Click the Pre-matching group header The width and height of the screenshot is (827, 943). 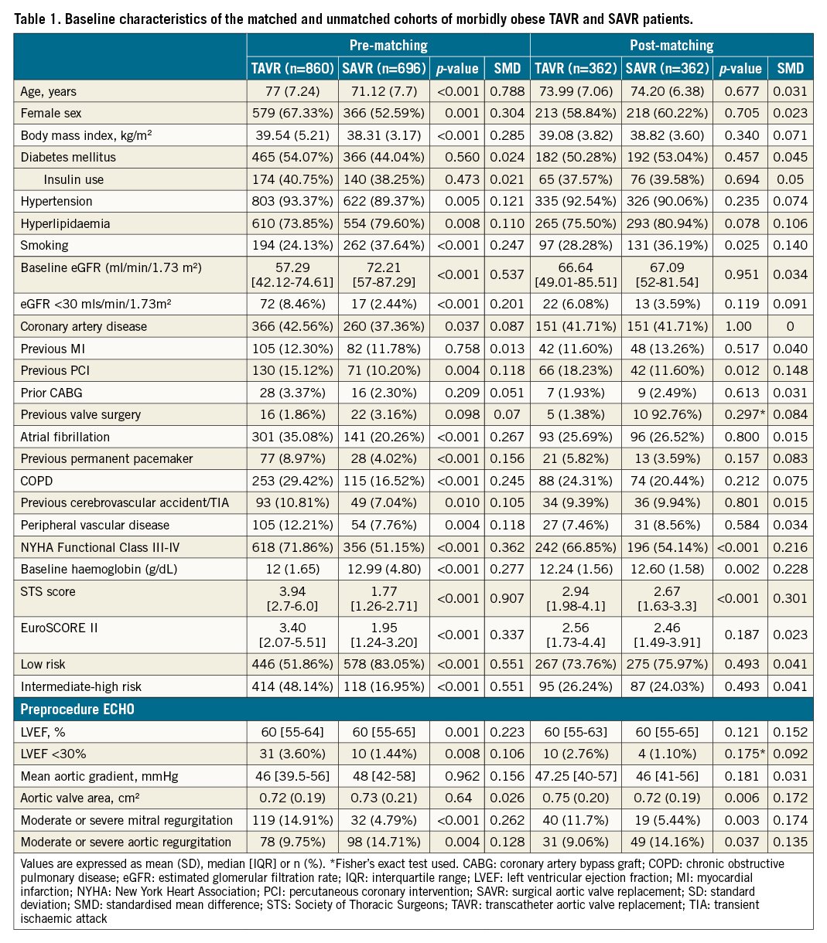pos(388,46)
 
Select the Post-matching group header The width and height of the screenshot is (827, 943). pos(671,46)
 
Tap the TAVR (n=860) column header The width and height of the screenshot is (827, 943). pos(291,68)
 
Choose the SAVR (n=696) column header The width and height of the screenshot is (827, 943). pos(384,68)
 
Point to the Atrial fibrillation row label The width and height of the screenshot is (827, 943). pos(65,437)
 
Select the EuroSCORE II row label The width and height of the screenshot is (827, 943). pos(59,628)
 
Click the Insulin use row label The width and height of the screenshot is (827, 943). pos(73,179)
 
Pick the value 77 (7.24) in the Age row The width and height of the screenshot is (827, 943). pos(291,91)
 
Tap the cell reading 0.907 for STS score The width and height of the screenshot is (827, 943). pos(507,598)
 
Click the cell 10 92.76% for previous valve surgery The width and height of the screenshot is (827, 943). pos(665,415)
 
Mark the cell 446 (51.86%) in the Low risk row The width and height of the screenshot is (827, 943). pos(291,664)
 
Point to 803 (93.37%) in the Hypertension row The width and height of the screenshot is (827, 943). pos(291,202)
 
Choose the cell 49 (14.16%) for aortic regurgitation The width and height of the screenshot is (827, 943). pos(665,842)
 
